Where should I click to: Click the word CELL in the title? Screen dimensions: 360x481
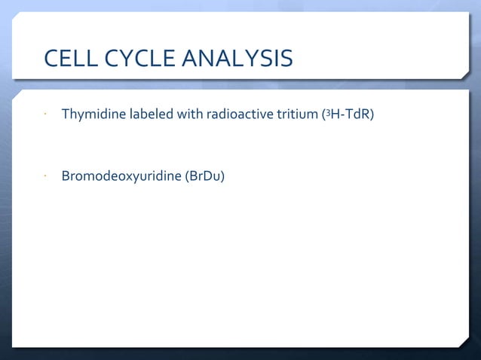(72, 58)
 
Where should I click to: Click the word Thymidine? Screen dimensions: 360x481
(92, 116)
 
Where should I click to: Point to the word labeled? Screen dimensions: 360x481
(150, 116)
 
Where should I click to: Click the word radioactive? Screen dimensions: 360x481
(241, 116)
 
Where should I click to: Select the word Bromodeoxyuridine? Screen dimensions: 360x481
(121, 177)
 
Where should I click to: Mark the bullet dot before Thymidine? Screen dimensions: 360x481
(45, 117)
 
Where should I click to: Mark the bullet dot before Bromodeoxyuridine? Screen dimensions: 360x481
(45, 178)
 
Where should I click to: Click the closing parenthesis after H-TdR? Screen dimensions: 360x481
(372, 116)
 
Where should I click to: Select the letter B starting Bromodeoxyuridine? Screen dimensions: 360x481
(66, 177)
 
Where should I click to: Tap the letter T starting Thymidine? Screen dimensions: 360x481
(65, 116)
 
